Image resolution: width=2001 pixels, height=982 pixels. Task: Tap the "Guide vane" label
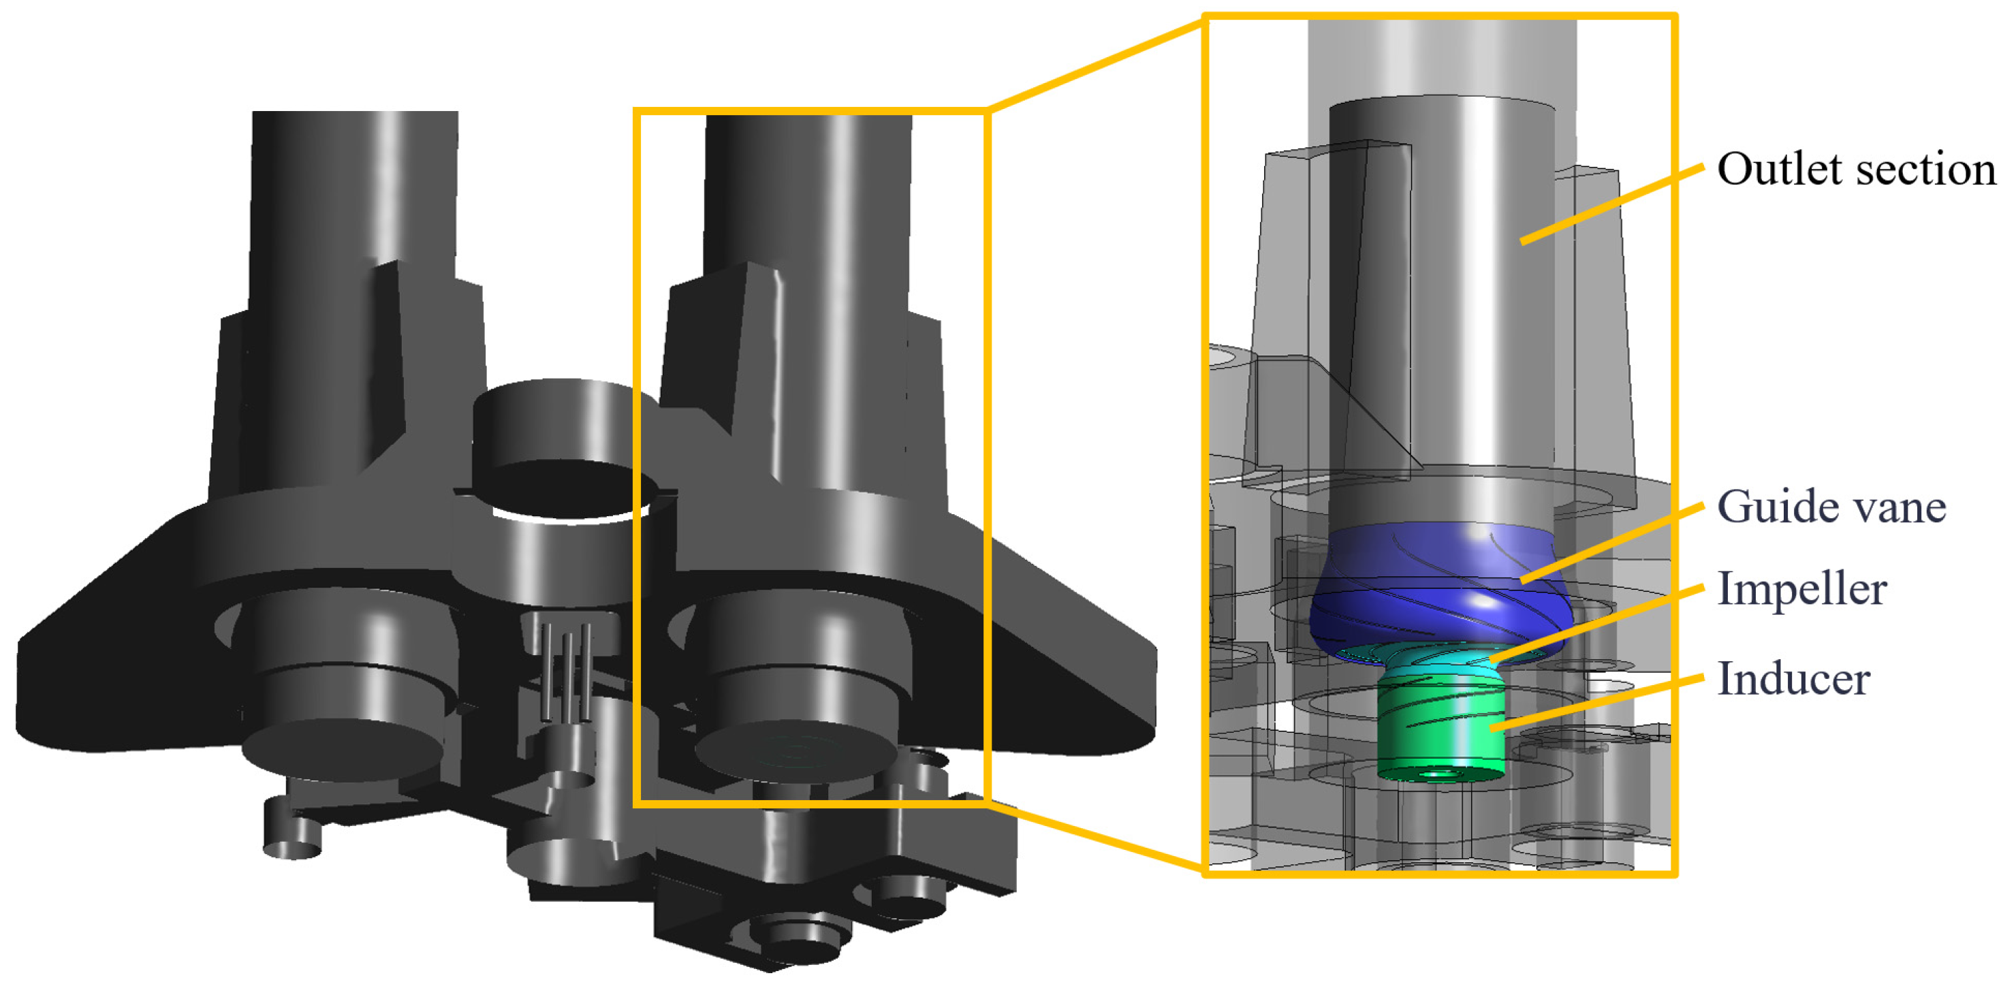pos(1831,507)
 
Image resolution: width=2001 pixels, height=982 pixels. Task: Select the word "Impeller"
pos(1802,589)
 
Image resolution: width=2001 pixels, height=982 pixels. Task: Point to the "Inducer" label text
pos(1793,678)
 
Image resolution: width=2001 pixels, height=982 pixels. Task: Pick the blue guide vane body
pos(1441,586)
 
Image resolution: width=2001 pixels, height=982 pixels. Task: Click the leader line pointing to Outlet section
pos(1612,204)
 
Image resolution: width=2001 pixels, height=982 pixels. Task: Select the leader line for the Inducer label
pos(1597,703)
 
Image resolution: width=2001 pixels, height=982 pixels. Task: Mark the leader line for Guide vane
pos(1612,542)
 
